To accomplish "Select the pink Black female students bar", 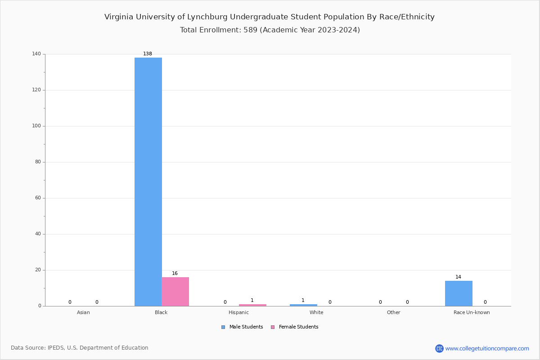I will tap(175, 292).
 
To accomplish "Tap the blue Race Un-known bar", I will tap(459, 293).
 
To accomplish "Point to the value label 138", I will tap(148, 54).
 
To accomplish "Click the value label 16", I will tap(175, 274).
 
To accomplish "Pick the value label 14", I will tap(458, 277).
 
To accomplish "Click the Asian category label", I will tap(83, 312).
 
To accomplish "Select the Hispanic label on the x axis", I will tap(238, 312).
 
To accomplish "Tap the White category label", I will tap(316, 312).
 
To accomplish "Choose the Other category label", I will tap(393, 312).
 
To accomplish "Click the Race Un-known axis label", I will tap(472, 312).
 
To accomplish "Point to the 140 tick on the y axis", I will tap(36, 54).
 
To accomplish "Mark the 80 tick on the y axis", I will tap(38, 162).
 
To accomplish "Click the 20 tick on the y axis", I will tap(38, 270).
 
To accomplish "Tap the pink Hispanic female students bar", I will tap(252, 305).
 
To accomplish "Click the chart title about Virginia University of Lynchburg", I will tap(270, 17).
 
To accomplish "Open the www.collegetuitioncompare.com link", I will tap(487, 348).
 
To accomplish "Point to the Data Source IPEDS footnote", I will tap(80, 348).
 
